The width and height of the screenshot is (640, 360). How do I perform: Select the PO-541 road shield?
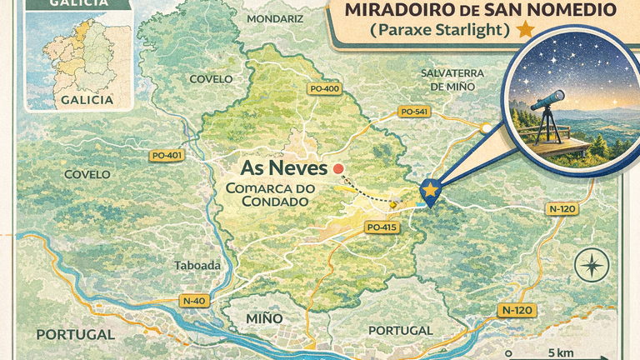pos(414,112)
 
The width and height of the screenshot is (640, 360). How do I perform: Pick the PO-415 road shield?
pos(381,227)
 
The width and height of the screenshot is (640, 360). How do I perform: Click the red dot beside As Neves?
pos(338,169)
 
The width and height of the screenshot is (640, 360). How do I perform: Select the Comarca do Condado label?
pos(271,195)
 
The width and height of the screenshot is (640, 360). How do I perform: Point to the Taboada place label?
pos(197,266)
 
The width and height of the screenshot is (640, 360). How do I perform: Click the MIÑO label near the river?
pos(265,318)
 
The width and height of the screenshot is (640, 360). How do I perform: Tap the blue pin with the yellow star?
pos(430,191)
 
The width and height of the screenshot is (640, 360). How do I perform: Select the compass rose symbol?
pos(592,266)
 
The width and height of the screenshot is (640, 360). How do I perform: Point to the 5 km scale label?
pos(562,352)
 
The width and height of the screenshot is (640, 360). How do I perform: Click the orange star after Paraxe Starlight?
pos(525,30)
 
